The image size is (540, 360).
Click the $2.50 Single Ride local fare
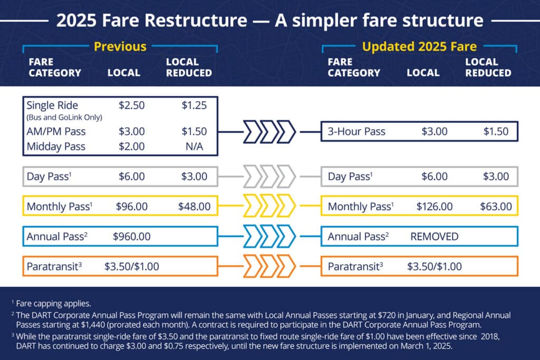131,105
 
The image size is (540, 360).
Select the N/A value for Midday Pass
194,147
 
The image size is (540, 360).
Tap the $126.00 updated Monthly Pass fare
435,207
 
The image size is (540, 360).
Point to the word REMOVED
435,237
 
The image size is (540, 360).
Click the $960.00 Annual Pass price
131,237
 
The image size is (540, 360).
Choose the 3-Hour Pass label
356,131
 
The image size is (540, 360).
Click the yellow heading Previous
120,46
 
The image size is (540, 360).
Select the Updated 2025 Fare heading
419,46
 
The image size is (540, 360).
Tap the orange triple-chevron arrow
269,266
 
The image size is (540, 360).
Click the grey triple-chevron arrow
269,176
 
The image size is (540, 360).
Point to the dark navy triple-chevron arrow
269,131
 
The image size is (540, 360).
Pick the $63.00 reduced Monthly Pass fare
496,207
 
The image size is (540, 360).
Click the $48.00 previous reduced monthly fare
194,207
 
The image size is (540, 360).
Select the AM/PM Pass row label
56,131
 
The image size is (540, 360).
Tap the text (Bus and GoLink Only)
64,118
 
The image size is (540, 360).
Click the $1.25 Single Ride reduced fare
194,105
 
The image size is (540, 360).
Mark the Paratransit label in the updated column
355,266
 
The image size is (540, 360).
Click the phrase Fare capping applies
54,304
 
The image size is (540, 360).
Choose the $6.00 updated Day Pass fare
435,177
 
